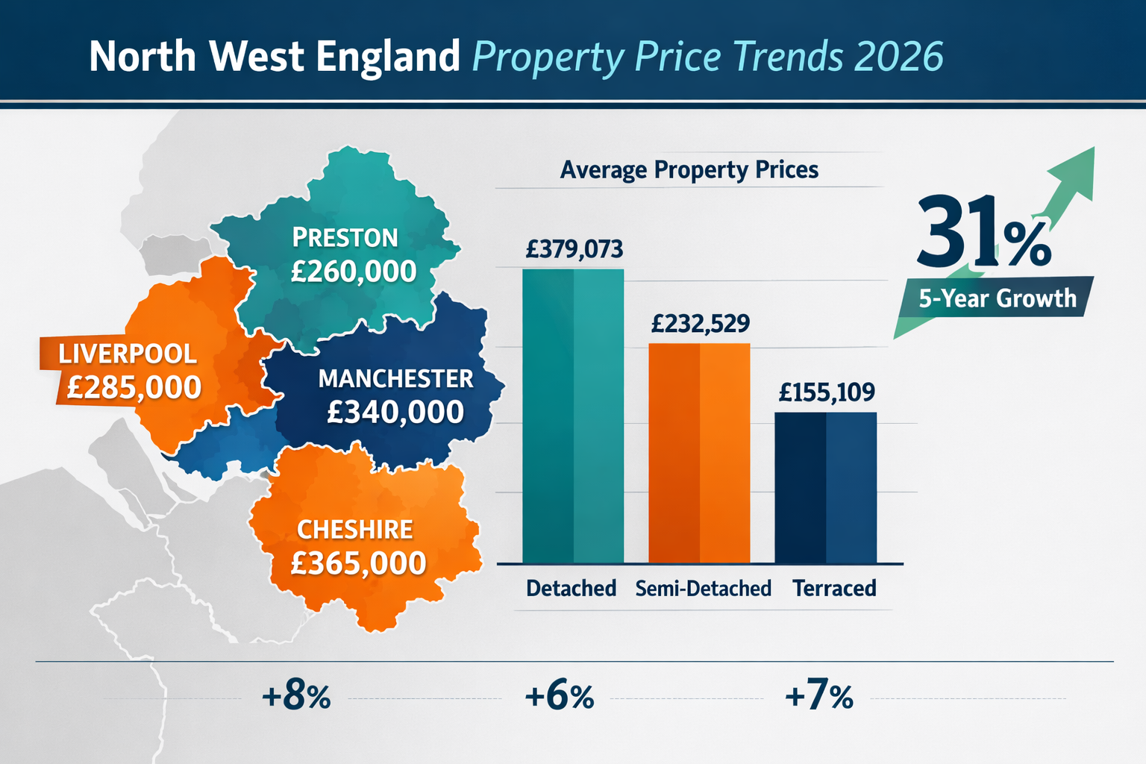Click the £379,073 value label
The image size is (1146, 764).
pos(574,249)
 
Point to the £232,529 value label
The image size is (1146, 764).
pos(700,324)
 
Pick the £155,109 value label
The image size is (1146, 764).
pos(827,392)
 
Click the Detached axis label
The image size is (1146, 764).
pos(571,589)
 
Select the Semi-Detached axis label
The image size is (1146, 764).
pos(703,589)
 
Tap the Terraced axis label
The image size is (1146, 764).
pos(834,589)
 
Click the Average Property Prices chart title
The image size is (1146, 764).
pos(689,170)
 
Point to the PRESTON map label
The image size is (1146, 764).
pos(345,238)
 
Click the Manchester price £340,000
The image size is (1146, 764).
pos(395,413)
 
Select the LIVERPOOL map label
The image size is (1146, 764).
pos(128,354)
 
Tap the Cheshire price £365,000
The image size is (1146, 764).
pos(358,563)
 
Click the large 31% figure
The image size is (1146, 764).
pos(983,233)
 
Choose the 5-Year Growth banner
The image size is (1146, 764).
pos(997,298)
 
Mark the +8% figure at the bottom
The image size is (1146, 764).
pos(296,697)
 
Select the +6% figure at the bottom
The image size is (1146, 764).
pos(560,697)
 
